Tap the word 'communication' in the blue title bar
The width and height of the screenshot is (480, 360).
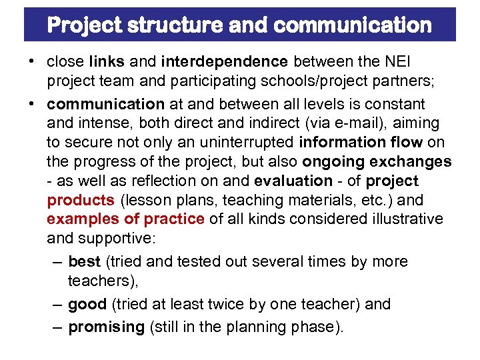tap(353, 25)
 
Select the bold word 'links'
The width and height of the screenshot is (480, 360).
tap(106, 62)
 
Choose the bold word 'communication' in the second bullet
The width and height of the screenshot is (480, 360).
tap(105, 104)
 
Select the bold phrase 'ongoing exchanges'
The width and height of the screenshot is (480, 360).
tap(377, 162)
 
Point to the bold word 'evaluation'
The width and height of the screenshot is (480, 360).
tap(293, 181)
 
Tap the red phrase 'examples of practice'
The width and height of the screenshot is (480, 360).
tap(125, 219)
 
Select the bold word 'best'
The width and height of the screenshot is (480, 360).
tap(83, 261)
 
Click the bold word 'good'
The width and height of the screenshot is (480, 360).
tap(87, 304)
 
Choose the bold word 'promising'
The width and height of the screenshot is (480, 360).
tap(106, 327)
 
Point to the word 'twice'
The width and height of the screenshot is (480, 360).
tap(207, 304)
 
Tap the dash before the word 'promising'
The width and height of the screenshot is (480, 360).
tap(57, 327)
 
